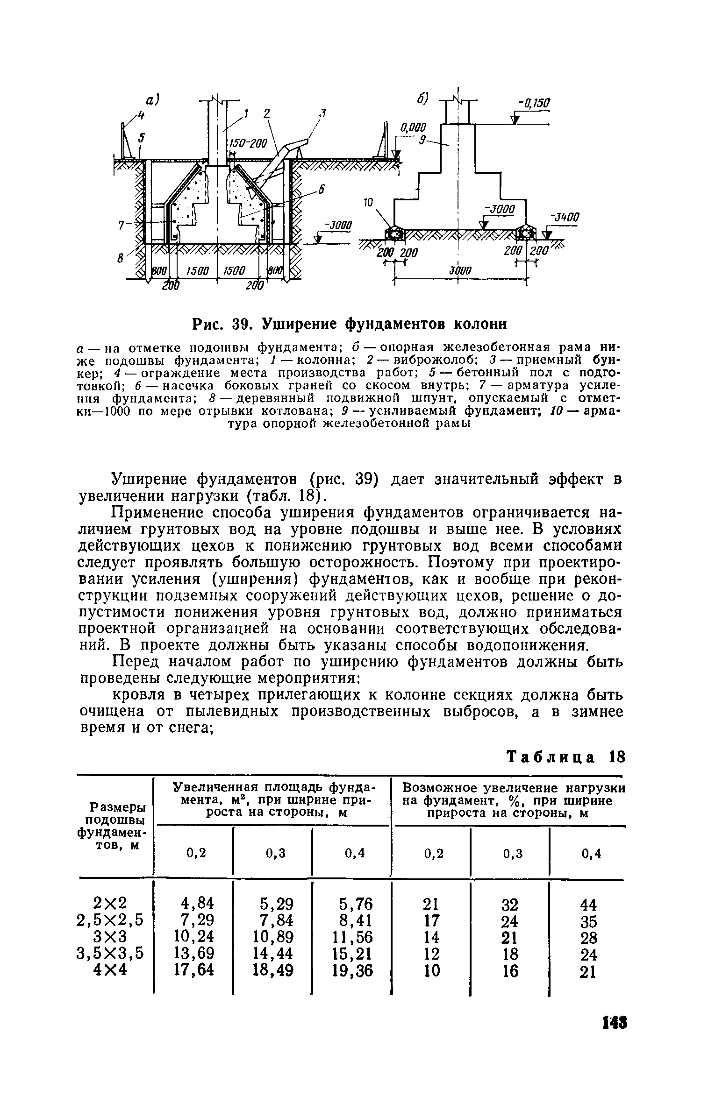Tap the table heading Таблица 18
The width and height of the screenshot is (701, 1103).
(x=566, y=757)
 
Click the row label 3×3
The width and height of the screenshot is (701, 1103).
(x=110, y=937)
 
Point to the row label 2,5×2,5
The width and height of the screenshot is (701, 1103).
(x=110, y=921)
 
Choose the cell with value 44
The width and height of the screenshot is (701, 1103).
(x=588, y=905)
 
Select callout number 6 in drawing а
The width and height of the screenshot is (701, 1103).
(x=321, y=189)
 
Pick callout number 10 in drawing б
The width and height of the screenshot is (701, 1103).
(x=369, y=203)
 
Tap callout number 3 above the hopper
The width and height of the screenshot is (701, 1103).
(x=322, y=113)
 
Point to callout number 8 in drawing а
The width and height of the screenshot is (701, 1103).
(x=121, y=257)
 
